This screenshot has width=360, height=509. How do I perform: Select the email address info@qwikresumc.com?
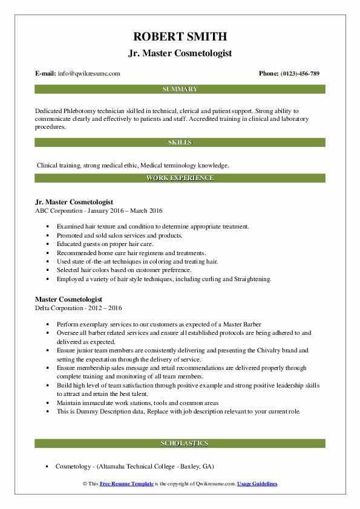click(89, 73)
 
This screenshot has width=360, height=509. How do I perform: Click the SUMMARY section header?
click(180, 89)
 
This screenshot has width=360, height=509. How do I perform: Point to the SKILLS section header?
click(180, 143)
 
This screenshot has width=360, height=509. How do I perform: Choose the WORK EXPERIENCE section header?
click(180, 178)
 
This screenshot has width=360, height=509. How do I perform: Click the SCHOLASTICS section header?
click(180, 444)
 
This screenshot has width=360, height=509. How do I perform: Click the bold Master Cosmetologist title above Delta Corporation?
click(68, 299)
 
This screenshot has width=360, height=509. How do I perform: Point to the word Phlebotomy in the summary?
click(82, 112)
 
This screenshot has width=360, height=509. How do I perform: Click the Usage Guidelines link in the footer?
click(257, 484)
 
